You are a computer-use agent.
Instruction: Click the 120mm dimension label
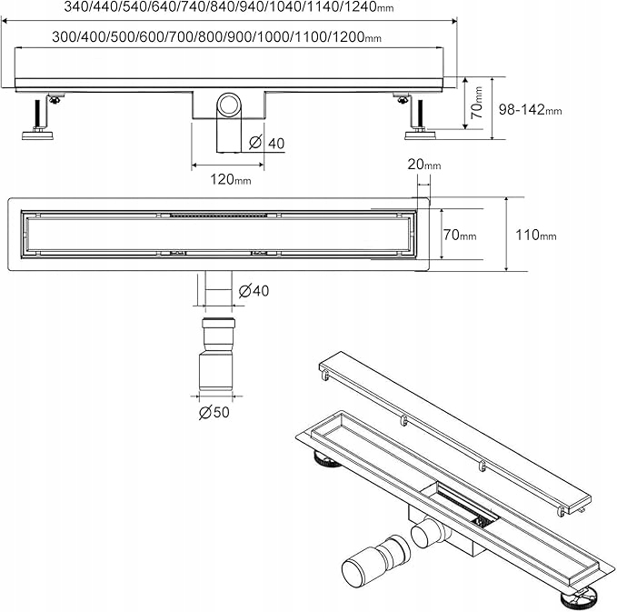231,179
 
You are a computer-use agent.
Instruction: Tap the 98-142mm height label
530,109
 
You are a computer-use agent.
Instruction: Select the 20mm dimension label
424,165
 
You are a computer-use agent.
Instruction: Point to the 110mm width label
536,236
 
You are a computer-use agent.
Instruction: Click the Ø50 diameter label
214,412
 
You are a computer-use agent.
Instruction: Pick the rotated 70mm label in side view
476,103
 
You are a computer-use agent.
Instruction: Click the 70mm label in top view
460,235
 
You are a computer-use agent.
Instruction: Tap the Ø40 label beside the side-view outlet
267,143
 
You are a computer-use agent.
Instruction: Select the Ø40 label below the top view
254,291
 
